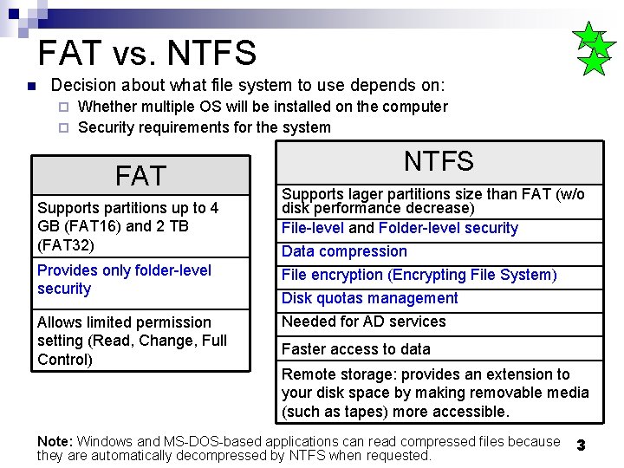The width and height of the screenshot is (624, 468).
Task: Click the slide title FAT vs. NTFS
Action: pyautogui.click(x=147, y=53)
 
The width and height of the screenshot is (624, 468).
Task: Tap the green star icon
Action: pyautogui.click(x=595, y=50)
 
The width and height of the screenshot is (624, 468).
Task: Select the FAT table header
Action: pyautogui.click(x=140, y=176)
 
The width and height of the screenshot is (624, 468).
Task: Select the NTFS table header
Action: pyautogui.click(x=439, y=161)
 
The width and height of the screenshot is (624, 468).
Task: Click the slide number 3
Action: pyautogui.click(x=582, y=445)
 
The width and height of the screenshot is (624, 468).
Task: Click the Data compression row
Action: pyautogui.click(x=344, y=251)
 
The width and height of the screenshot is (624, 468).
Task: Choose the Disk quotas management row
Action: pyautogui.click(x=369, y=298)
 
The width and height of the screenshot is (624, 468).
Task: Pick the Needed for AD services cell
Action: pyautogui.click(x=363, y=322)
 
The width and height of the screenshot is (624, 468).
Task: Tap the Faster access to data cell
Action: pyautogui.click(x=355, y=349)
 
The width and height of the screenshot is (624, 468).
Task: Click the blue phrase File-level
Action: pyautogui.click(x=313, y=228)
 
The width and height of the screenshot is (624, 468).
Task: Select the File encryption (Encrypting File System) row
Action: pyautogui.click(x=419, y=275)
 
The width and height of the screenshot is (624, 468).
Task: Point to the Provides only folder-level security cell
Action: pyautogui.click(x=124, y=279)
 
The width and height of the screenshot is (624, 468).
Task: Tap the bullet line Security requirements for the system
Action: pyautogui.click(x=204, y=127)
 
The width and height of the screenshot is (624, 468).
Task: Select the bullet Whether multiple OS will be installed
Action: pyautogui.click(x=263, y=107)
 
